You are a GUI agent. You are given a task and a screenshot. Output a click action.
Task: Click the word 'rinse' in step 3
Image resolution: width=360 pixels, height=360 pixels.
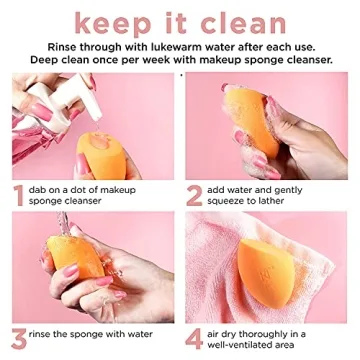[x=52, y=331]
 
